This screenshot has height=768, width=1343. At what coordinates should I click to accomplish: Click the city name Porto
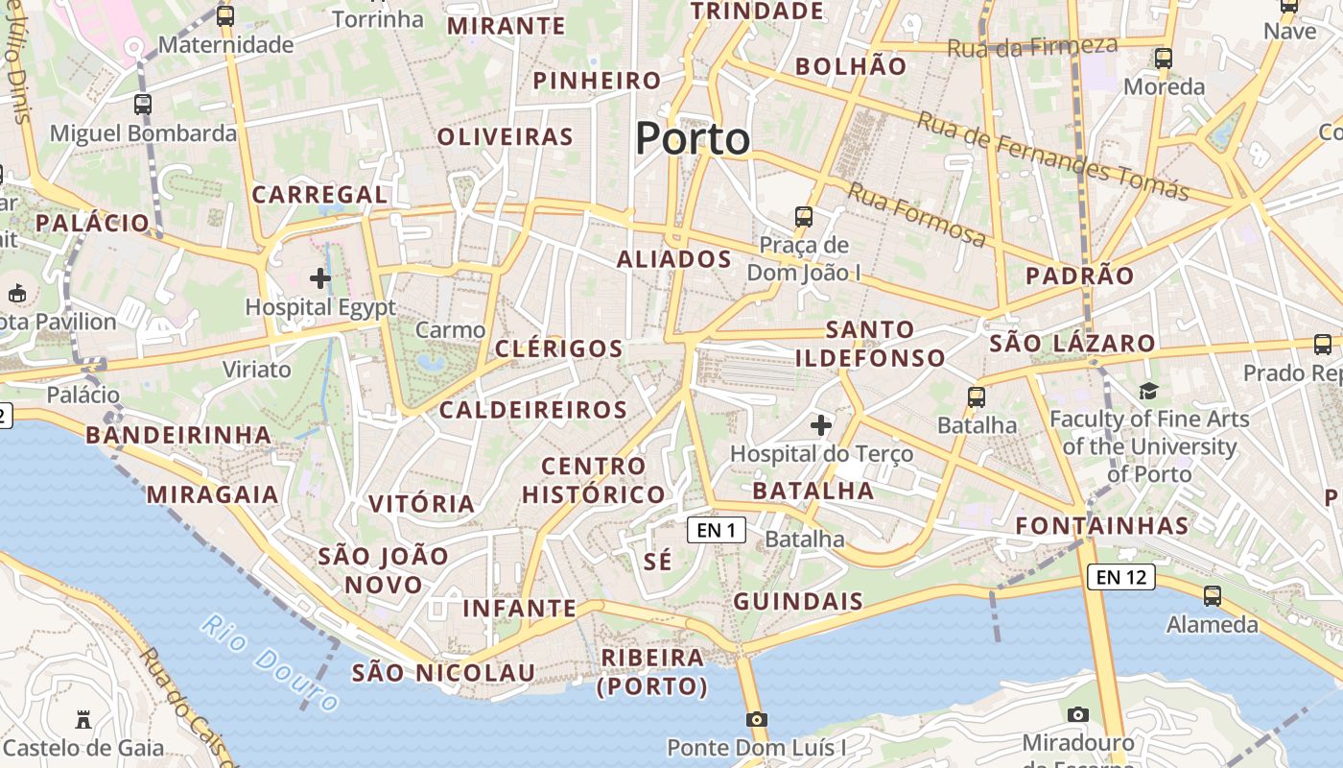pos(693,139)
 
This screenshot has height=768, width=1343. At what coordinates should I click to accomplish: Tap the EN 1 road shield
pos(717,530)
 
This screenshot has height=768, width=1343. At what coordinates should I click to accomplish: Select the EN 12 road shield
pos(1120,577)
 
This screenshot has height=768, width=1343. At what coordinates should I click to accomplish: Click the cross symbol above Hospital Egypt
pos(320,279)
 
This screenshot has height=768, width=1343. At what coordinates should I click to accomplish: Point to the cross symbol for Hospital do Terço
pos(821,424)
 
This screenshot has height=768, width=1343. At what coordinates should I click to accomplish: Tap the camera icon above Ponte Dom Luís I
pos(757,719)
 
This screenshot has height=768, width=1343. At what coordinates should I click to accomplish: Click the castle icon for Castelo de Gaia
pos(83,719)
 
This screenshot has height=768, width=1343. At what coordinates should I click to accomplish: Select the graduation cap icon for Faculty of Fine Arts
pos(1148,391)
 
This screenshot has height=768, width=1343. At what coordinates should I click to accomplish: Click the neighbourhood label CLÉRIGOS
pos(558,348)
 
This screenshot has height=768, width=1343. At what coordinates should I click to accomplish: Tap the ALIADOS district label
pos(673,259)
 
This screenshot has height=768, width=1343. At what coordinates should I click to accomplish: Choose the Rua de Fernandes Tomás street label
pos(1052,156)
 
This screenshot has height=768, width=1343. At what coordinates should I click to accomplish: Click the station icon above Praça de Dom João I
pos(804,217)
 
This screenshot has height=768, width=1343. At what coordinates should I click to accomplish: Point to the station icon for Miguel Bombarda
pos(143,105)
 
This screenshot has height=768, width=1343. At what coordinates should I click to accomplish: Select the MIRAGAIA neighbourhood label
pos(212,495)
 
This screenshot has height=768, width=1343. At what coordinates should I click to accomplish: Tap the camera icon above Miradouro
pos(1078,714)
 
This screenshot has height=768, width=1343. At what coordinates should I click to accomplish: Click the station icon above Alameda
pos(1213,595)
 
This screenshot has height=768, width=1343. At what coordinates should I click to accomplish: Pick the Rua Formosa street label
pos(916,215)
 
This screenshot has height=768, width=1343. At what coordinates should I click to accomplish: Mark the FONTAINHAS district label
pos(1102,526)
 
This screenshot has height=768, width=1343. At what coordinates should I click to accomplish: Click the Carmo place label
pos(450,330)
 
